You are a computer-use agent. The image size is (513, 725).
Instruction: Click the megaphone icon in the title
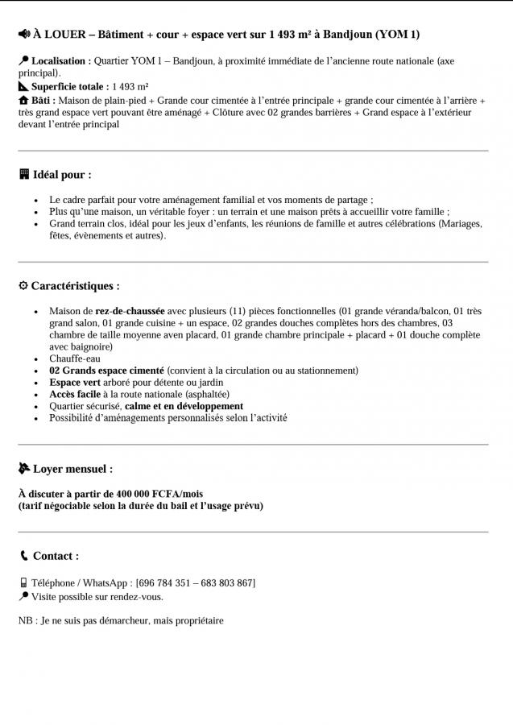(x=24, y=35)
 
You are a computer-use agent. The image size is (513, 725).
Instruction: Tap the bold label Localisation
(x=60, y=60)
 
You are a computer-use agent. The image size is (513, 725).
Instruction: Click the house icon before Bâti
(x=23, y=100)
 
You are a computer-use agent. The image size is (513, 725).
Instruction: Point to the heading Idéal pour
(x=62, y=174)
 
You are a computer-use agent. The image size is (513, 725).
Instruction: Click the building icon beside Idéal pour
(x=24, y=174)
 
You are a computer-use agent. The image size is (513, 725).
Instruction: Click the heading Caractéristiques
(x=75, y=286)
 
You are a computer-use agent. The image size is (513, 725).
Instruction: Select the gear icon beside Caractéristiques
(x=23, y=286)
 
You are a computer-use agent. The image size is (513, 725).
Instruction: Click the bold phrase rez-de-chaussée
(x=130, y=311)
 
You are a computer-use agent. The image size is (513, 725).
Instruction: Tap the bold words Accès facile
(x=74, y=395)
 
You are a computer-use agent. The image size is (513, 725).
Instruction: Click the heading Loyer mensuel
(x=72, y=468)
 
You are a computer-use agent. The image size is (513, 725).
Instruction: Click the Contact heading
(x=56, y=556)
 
